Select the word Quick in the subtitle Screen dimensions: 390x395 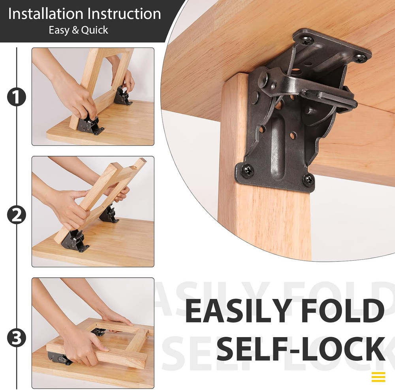click(x=95, y=30)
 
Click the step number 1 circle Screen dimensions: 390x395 click(x=16, y=97)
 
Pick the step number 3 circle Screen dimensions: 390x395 click(x=16, y=338)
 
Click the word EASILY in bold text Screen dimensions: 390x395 click(x=238, y=312)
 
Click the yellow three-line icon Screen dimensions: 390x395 click(x=378, y=377)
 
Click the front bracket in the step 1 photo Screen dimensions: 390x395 click(x=89, y=124)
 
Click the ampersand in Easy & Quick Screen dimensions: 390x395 click(x=75, y=30)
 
